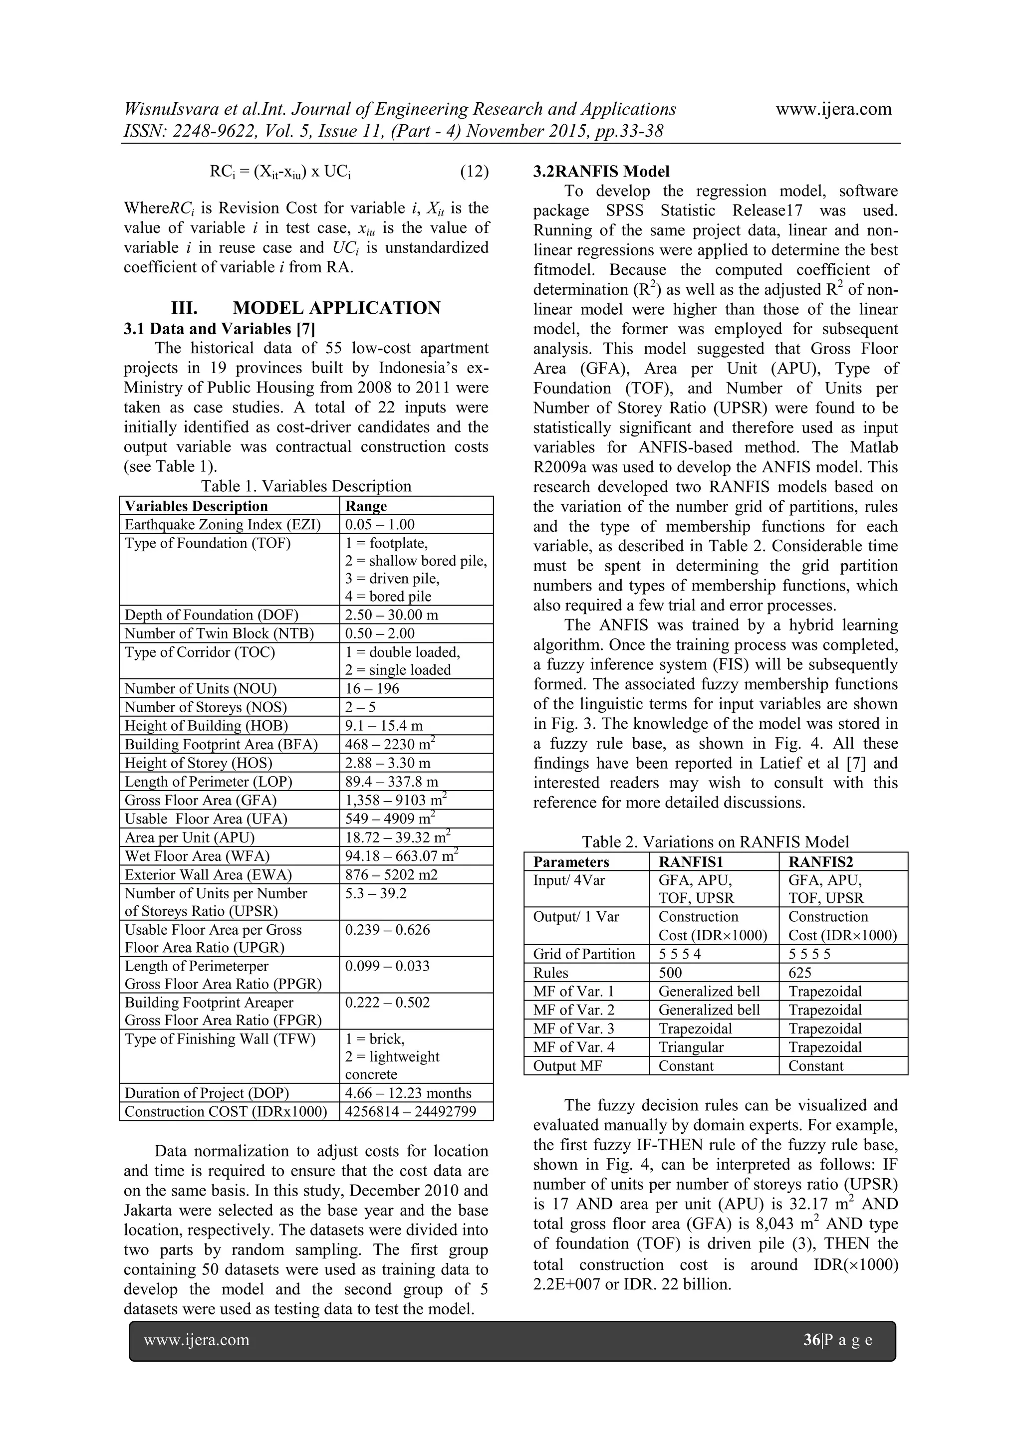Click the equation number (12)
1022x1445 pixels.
474,172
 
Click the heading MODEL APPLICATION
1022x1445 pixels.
336,308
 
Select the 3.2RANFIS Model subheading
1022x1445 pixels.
601,172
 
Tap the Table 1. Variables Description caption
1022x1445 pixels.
306,486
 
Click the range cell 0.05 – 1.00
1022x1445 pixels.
380,525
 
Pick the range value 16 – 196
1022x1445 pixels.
372,688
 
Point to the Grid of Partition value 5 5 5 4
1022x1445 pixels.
680,954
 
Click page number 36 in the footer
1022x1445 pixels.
811,1340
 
